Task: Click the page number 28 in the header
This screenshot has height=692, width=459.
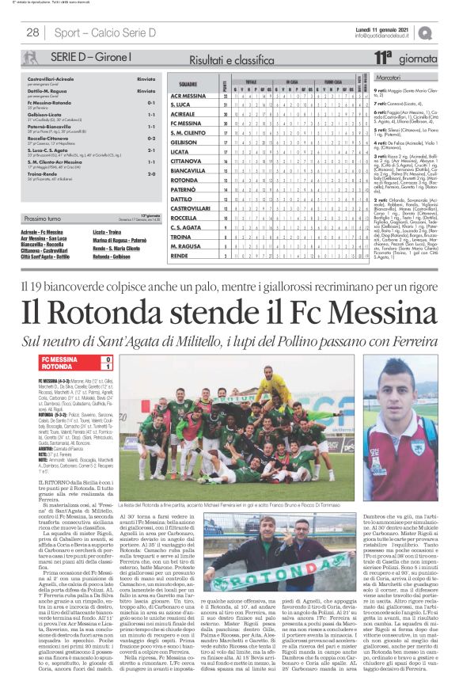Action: [x=33, y=32]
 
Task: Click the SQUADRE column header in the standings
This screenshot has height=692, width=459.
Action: [x=188, y=82]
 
